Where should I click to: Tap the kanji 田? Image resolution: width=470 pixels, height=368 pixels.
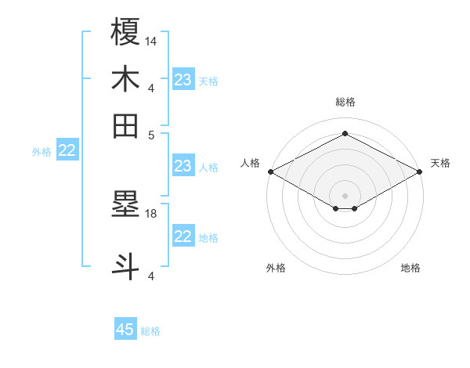[x=126, y=125]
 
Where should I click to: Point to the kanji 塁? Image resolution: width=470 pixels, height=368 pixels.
[x=126, y=204]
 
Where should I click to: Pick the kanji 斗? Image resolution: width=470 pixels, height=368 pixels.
[x=126, y=262]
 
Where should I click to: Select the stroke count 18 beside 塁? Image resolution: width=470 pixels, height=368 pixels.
[x=151, y=213]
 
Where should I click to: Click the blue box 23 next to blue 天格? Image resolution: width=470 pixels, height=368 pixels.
[x=183, y=80]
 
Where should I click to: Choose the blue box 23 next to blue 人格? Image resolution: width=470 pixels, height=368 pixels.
[x=183, y=166]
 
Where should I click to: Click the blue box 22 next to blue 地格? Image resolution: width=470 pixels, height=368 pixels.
[x=183, y=236]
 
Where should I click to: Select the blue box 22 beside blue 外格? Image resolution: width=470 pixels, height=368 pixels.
[x=67, y=151]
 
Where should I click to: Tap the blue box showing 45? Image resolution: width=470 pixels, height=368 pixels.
[x=125, y=330]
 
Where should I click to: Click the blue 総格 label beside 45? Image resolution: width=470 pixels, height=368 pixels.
[x=150, y=331]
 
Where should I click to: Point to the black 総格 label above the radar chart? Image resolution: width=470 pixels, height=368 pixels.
[x=345, y=102]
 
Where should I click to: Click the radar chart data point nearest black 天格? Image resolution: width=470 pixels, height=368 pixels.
[x=420, y=171]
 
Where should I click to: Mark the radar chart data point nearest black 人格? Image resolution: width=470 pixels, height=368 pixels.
[x=270, y=171]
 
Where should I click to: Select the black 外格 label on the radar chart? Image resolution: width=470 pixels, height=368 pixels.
[x=276, y=268]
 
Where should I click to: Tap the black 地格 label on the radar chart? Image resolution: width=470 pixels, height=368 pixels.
[x=410, y=268]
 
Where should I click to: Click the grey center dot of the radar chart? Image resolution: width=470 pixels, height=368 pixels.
[x=345, y=195]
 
